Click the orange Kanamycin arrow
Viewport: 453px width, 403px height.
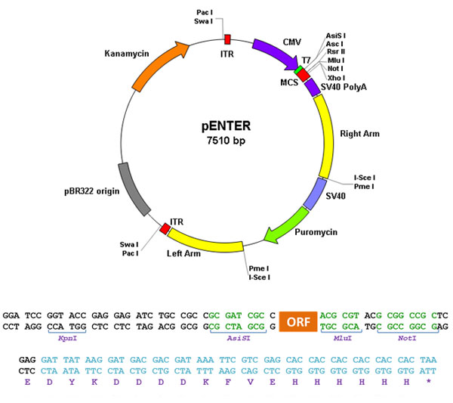pos(158,65)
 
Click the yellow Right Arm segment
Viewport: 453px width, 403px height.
pos(325,136)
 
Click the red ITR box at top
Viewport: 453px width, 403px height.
pos(228,39)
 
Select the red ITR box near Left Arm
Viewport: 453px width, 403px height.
pos(165,228)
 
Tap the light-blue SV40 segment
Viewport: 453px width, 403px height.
pos(315,194)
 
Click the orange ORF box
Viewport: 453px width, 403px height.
pos(298,321)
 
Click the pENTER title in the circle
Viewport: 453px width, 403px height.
pos(226,126)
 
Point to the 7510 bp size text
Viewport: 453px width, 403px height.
pos(226,141)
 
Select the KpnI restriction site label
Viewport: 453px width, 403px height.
pos(68,338)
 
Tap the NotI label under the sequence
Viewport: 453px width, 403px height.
pos(407,338)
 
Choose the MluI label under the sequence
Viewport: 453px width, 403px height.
pos(343,338)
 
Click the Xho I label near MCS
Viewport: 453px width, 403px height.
pos(336,78)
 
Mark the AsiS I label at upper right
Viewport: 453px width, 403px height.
pos(336,36)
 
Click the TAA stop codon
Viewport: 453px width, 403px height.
pos(428,360)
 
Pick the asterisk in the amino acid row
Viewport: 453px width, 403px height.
pos(428,381)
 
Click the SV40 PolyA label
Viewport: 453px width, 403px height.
pos(344,87)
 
